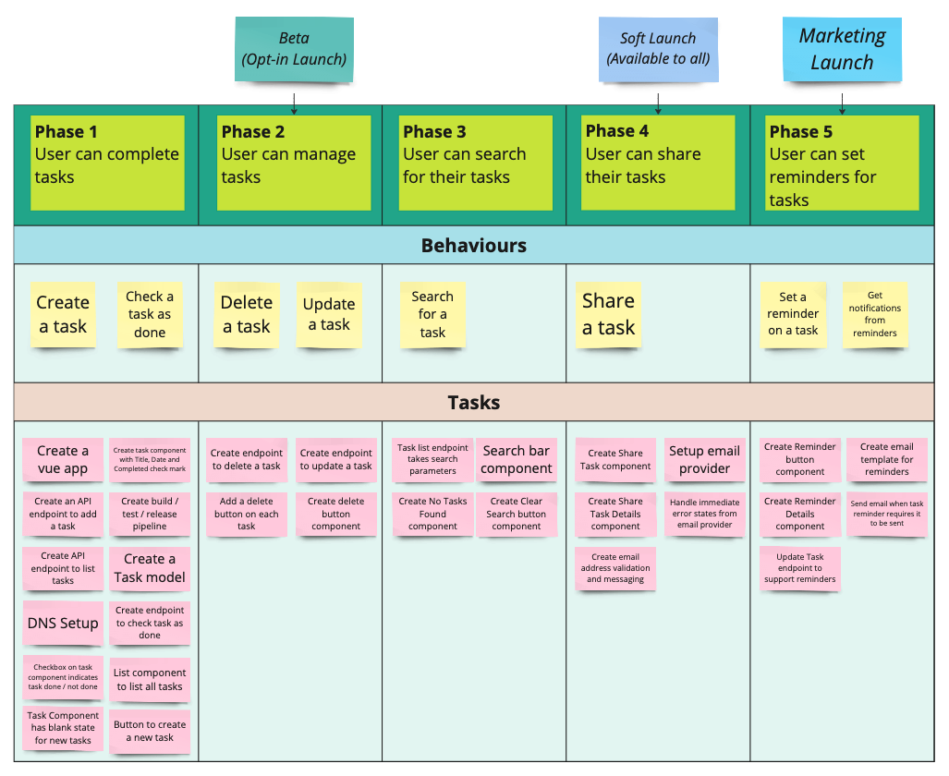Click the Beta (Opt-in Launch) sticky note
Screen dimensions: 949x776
tap(294, 50)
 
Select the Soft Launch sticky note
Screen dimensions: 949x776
tap(658, 49)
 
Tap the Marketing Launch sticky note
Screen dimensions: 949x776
tap(842, 49)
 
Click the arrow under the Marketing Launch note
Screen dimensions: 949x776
tap(842, 103)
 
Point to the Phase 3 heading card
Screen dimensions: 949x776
tap(475, 163)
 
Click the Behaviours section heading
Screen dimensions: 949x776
tap(474, 245)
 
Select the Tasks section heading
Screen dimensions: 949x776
tap(474, 403)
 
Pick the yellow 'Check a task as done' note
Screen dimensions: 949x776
tap(150, 315)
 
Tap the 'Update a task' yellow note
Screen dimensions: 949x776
tap(329, 315)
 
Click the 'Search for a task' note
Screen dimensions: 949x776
tap(432, 315)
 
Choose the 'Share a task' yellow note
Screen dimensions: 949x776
tap(608, 315)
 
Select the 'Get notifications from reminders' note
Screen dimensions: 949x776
tap(874, 315)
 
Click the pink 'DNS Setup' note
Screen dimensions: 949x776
tap(63, 623)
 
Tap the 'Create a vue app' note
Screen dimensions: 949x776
tap(63, 459)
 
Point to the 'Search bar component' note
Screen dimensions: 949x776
tap(517, 459)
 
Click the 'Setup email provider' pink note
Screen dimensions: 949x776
tap(704, 459)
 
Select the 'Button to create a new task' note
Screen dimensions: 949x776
tap(150, 732)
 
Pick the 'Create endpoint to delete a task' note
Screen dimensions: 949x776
tap(247, 459)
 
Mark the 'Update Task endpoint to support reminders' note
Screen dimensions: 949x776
tap(799, 568)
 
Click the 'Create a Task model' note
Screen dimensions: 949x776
tap(150, 568)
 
